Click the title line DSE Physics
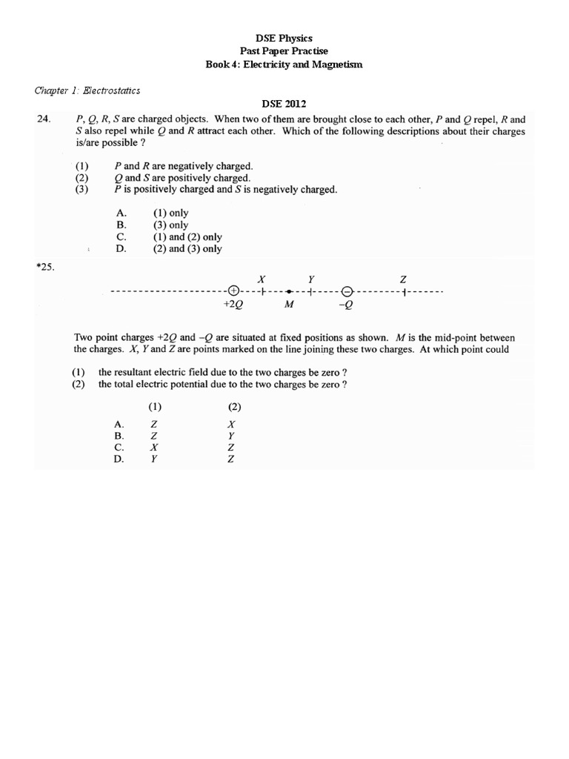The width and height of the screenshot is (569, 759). coord(284,38)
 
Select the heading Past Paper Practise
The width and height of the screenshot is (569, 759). coord(284,51)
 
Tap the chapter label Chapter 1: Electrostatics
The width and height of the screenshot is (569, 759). coord(87,91)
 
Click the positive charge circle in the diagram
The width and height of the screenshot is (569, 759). coord(233,292)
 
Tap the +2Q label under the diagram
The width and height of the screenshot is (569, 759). coord(233,305)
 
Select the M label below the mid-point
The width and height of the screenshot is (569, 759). coord(290,305)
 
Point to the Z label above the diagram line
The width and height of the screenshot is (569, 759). coord(403,279)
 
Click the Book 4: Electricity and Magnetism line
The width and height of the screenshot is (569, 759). coord(284,64)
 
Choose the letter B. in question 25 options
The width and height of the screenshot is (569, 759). coord(119,437)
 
